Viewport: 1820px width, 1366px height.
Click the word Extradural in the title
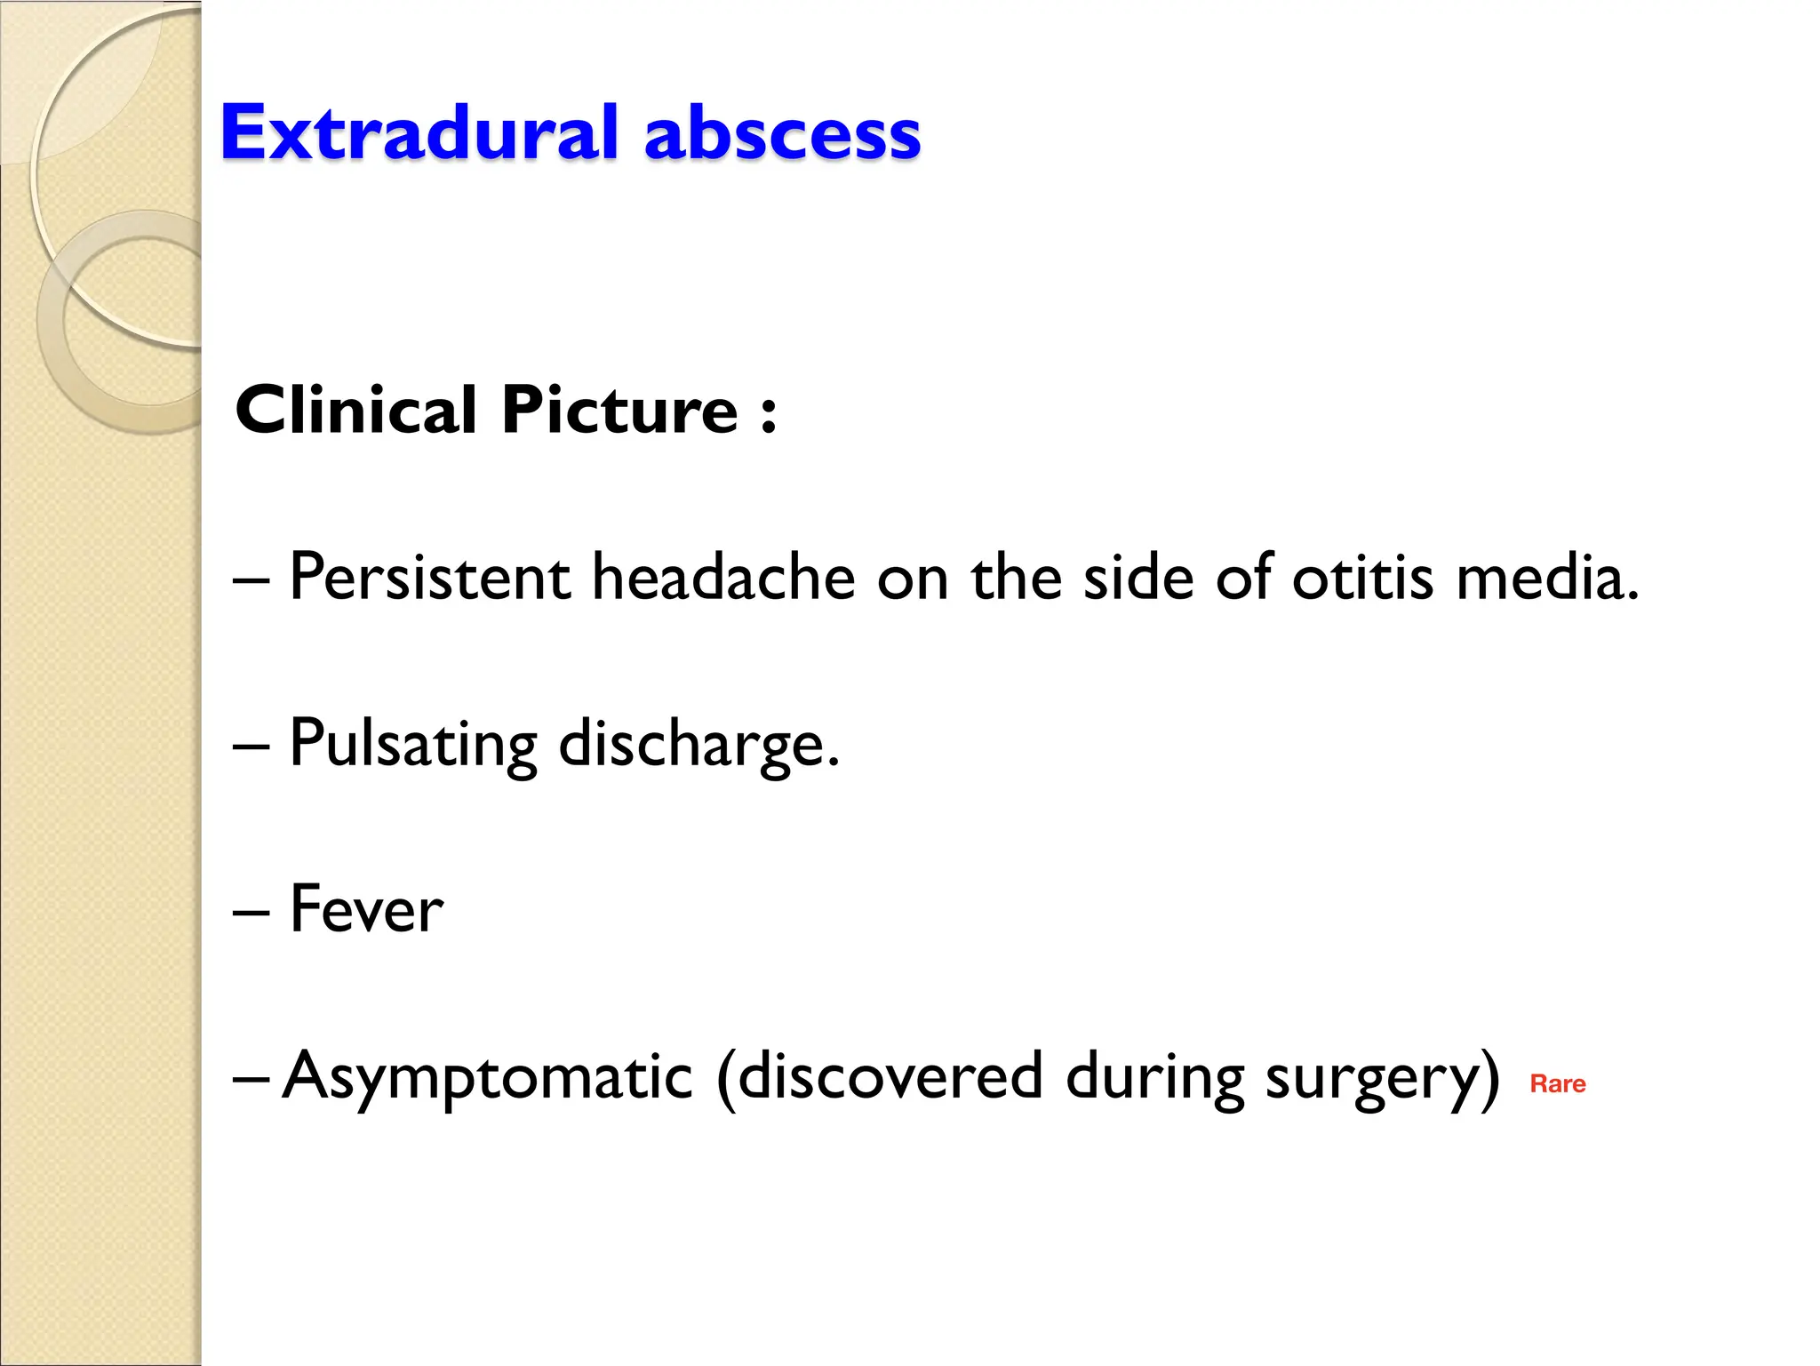[419, 133]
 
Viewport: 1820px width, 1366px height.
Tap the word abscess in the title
[782, 135]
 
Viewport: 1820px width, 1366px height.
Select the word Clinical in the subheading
[356, 411]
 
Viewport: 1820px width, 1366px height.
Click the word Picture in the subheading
[619, 411]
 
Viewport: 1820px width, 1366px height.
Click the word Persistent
[429, 578]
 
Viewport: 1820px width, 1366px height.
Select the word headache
[723, 578]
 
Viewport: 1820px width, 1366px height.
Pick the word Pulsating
[413, 745]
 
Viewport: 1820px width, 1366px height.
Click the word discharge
[698, 745]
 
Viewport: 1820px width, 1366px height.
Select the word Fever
[366, 910]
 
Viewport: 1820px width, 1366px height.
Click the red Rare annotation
[1557, 1084]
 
